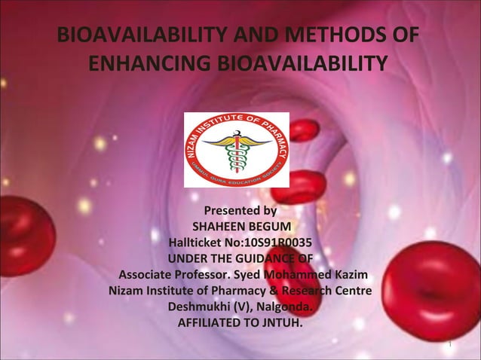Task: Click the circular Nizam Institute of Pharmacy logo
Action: tap(236, 149)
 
